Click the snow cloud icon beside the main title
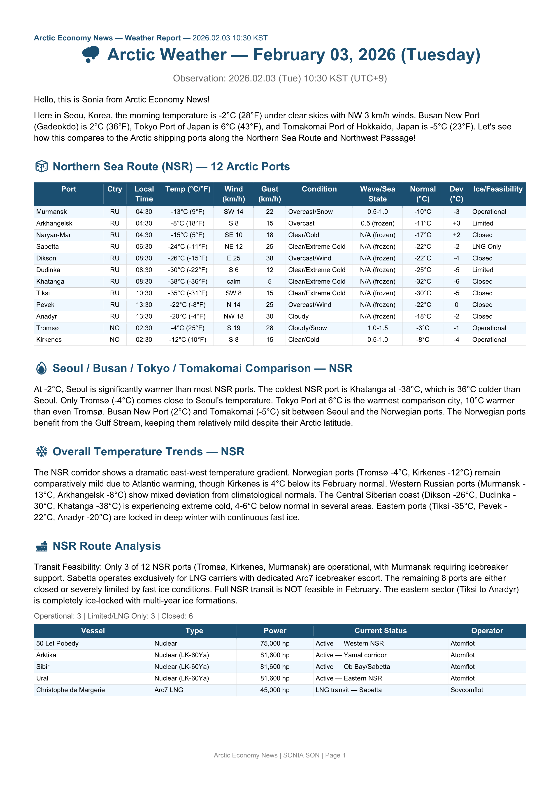91,54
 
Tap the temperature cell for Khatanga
188,282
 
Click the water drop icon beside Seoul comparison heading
41,368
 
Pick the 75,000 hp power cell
275,643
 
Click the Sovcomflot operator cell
467,690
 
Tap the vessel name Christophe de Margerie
70,690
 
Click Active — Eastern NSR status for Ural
349,678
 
